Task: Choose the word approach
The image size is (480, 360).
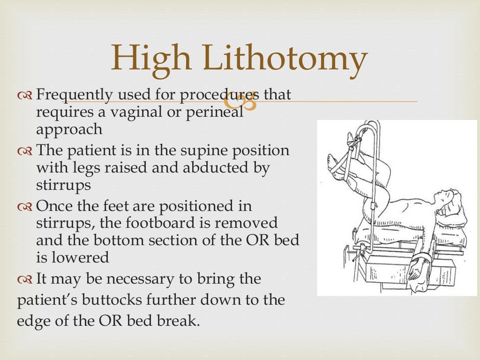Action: pyautogui.click(x=69, y=129)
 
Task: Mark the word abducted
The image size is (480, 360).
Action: pyautogui.click(x=207, y=168)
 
